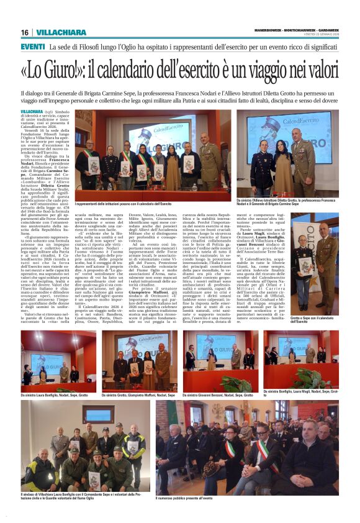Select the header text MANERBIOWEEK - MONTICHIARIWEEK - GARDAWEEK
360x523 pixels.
click(x=297, y=30)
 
